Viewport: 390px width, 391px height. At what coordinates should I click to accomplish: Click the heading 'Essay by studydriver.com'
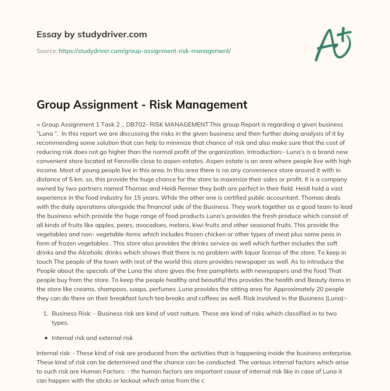click(x=91, y=35)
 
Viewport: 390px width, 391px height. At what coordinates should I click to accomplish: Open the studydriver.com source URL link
click(x=145, y=51)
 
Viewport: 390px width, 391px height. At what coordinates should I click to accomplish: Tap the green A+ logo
click(x=332, y=44)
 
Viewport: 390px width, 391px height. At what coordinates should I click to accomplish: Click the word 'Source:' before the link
click(x=46, y=51)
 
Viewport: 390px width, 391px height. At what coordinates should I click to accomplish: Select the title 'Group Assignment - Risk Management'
click(x=142, y=104)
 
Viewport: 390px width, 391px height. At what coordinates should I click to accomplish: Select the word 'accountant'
click(x=294, y=198)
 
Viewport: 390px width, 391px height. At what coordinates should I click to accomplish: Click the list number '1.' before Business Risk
click(x=45, y=314)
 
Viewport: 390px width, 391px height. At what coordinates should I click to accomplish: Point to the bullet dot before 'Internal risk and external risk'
click(x=46, y=338)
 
